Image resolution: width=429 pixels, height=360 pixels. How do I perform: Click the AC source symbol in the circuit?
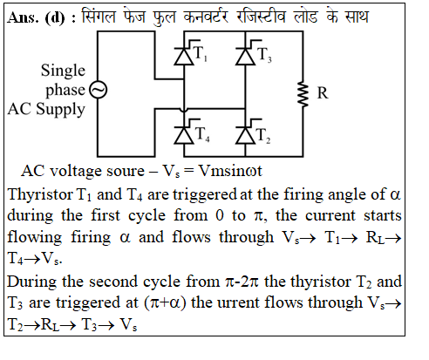pyautogui.click(x=98, y=90)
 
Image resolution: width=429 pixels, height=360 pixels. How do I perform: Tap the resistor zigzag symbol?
pyautogui.click(x=303, y=94)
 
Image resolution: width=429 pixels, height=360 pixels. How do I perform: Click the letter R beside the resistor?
pyautogui.click(x=323, y=93)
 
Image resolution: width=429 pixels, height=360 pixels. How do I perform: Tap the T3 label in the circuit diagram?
pyautogui.click(x=264, y=55)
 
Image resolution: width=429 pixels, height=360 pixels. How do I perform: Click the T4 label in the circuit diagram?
pyautogui.click(x=202, y=134)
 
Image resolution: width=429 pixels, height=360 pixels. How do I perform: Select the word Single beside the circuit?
pyautogui.click(x=63, y=71)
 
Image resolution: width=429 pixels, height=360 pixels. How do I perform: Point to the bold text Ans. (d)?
pyautogui.click(x=36, y=17)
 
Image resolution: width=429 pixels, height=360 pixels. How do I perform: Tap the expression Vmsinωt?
pyautogui.click(x=230, y=171)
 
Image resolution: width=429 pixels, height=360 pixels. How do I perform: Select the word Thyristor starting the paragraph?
pyautogui.click(x=40, y=195)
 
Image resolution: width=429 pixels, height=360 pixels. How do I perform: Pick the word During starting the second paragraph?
pyautogui.click(x=31, y=282)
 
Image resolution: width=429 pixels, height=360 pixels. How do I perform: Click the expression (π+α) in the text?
pyautogui.click(x=165, y=303)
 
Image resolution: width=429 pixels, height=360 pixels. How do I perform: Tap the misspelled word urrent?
pyautogui.click(x=238, y=302)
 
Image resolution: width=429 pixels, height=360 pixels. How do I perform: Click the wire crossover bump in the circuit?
pyautogui.click(x=184, y=110)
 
